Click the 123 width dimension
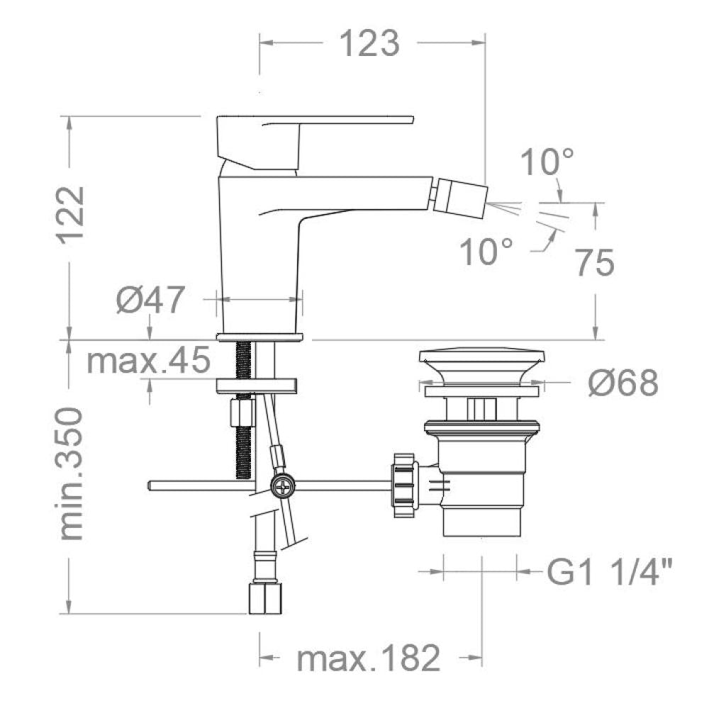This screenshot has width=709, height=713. click(369, 43)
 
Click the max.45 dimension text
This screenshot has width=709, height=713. click(148, 361)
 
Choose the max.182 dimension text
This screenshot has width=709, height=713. click(368, 658)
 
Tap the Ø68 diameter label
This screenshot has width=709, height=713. click(623, 383)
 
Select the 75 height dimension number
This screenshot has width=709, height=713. click(593, 264)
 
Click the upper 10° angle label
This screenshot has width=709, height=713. click(547, 162)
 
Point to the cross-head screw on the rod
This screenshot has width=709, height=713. click(283, 486)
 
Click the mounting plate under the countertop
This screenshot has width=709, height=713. click(257, 385)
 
